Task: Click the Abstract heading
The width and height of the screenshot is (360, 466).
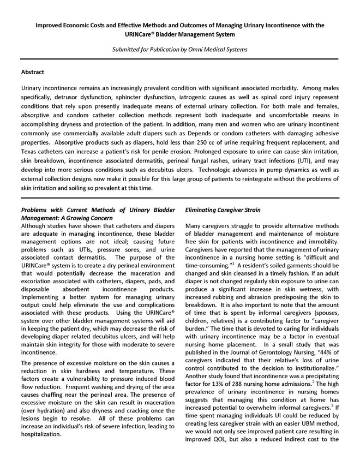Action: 32,71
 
